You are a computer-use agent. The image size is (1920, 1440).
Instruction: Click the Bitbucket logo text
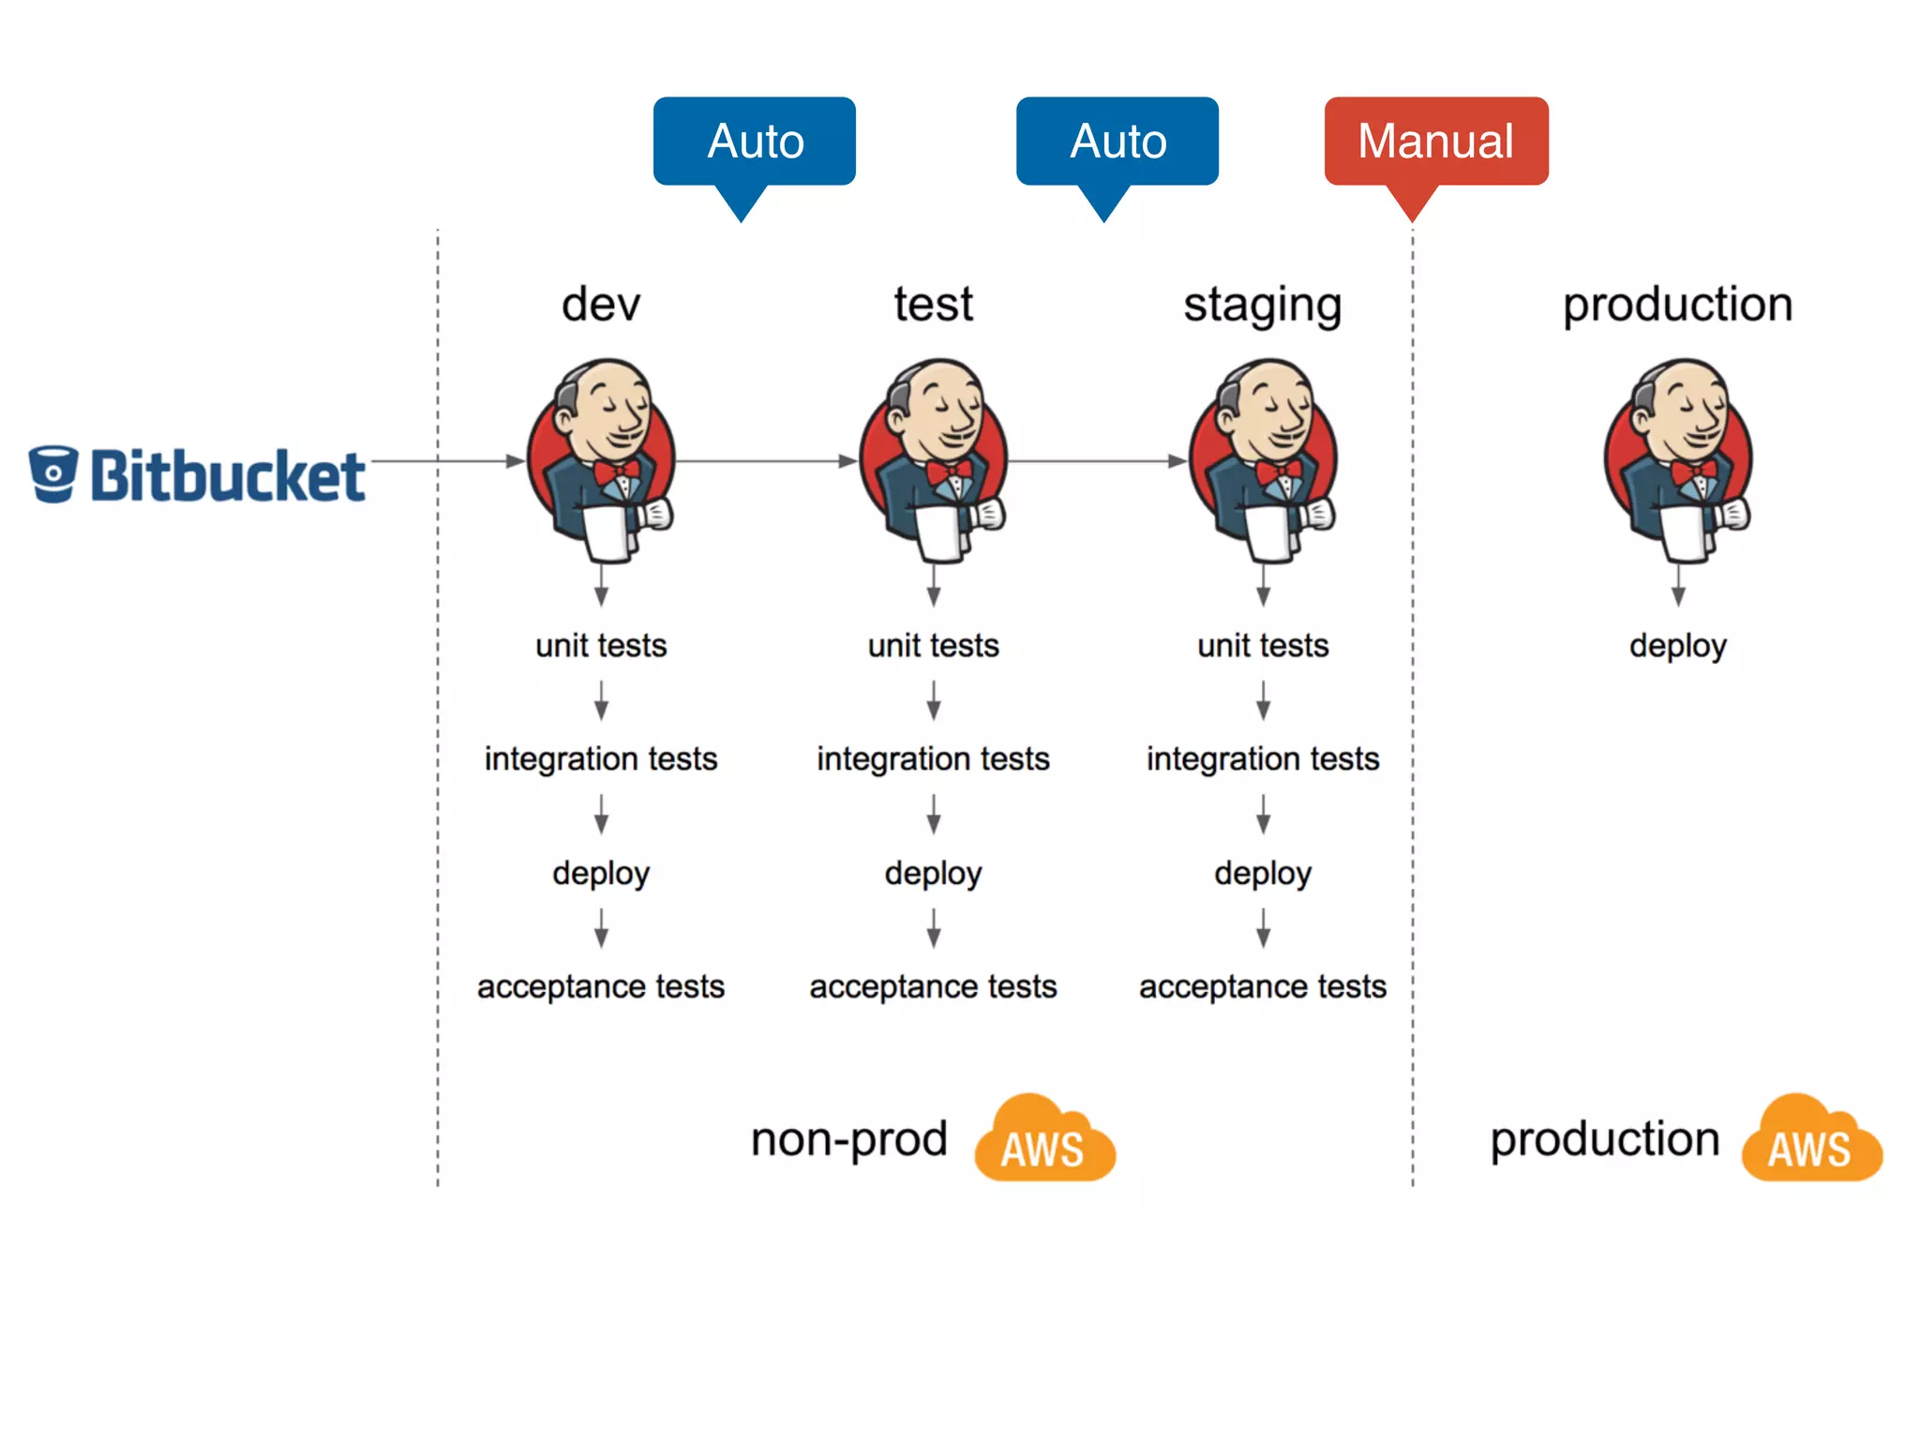[x=227, y=476]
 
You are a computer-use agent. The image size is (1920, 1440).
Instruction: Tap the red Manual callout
[x=1435, y=142]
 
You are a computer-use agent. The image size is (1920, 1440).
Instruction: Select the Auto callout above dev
[x=755, y=142]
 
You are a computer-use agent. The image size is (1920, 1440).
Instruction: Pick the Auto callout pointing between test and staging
[x=1117, y=142]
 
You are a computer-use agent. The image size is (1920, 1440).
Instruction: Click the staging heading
[x=1263, y=306]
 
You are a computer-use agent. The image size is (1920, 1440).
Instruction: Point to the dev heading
[x=601, y=305]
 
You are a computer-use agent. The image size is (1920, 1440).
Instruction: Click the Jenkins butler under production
[x=1678, y=459]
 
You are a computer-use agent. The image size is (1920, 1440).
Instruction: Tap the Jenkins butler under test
[x=934, y=459]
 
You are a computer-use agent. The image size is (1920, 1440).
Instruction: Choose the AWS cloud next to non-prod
[x=1044, y=1139]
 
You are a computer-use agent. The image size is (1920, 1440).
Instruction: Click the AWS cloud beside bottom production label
[x=1811, y=1139]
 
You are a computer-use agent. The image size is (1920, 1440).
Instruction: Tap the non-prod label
[x=849, y=1140]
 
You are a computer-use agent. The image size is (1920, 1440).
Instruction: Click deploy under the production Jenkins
[x=1678, y=646]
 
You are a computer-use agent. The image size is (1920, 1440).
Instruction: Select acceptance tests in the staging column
[x=1263, y=986]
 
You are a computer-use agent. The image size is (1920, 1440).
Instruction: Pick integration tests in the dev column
[x=601, y=758]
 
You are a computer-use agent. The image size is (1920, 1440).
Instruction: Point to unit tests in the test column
[x=934, y=646]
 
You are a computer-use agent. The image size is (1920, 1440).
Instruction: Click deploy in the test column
[x=934, y=873]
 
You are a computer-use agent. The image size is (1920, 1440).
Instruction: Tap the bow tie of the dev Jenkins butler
[x=617, y=471]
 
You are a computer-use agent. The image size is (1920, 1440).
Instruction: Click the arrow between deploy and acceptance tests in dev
[x=601, y=928]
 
